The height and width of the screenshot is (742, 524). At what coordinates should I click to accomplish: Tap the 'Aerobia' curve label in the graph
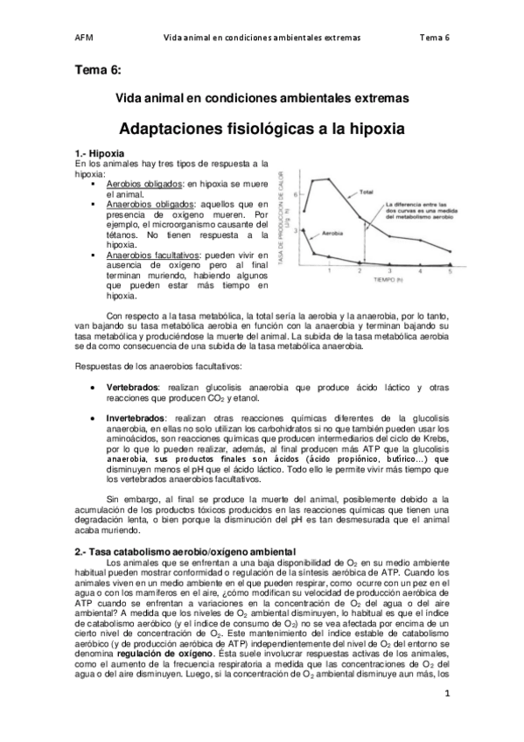[x=333, y=235]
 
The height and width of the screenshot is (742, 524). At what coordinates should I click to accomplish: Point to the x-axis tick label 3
[x=390, y=271]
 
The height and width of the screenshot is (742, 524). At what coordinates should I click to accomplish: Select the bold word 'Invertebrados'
[x=138, y=419]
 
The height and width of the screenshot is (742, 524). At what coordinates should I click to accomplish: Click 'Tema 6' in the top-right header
[x=435, y=38]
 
